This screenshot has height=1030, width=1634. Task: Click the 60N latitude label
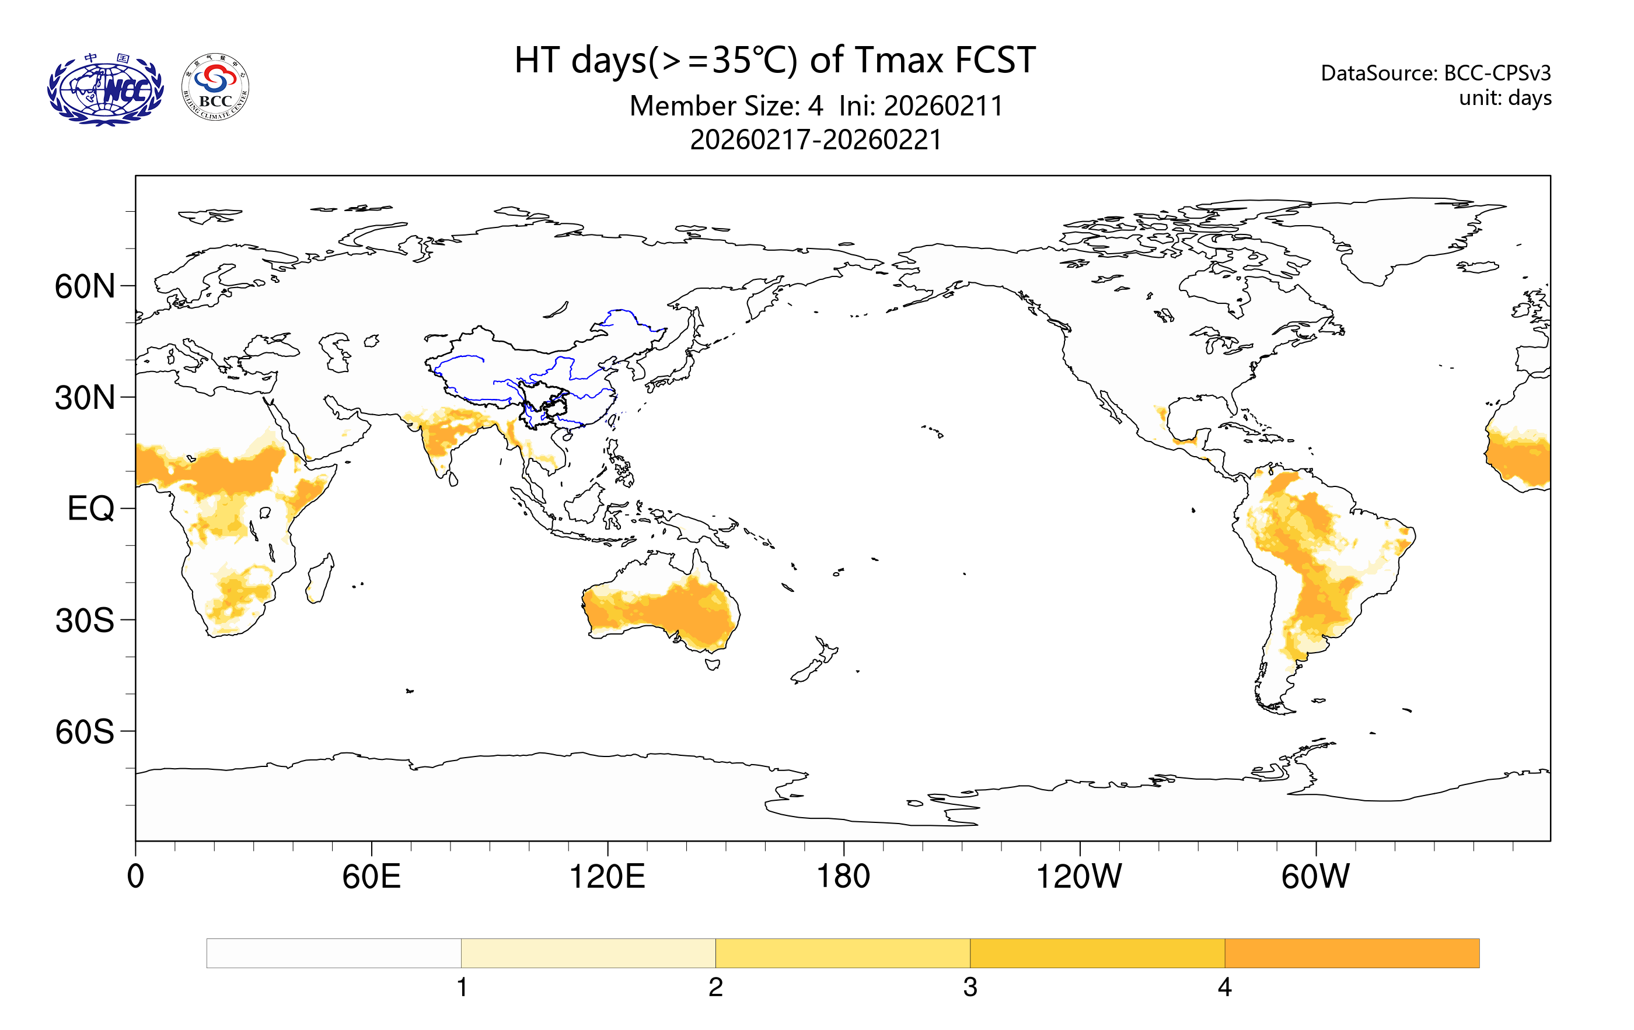(x=85, y=287)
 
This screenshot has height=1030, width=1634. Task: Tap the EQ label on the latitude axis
(x=91, y=509)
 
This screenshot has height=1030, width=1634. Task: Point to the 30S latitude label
(x=85, y=621)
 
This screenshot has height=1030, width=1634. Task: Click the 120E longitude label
(x=607, y=876)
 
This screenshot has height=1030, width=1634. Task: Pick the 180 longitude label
(x=843, y=876)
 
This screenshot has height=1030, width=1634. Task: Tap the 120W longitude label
(x=1079, y=876)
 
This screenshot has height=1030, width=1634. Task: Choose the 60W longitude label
(x=1315, y=876)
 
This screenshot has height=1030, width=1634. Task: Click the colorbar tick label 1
(x=462, y=987)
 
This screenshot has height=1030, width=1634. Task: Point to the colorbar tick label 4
(x=1224, y=987)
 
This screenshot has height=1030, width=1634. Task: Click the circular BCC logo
(x=216, y=87)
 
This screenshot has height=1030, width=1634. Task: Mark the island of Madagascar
(x=320, y=579)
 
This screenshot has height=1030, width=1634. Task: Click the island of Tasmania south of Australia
(x=713, y=664)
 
